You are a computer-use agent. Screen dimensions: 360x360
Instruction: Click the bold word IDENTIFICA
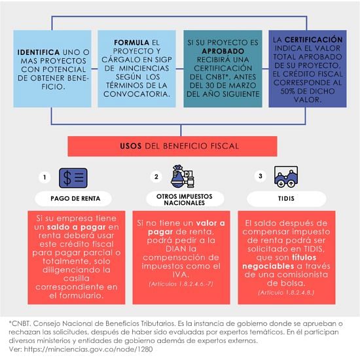pos(39,52)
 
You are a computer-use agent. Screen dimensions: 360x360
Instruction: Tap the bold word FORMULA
pos(132,43)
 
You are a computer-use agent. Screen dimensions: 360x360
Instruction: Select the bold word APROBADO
pos(223,51)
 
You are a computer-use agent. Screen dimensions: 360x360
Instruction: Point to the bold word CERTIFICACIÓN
pos(314,39)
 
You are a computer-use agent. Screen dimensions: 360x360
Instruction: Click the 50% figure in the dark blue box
pos(288,91)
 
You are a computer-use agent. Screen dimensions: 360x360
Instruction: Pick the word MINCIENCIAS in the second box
pos(144,68)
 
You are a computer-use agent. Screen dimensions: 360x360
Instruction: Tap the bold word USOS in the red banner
pos(131,146)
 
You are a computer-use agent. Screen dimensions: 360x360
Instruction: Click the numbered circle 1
pos(45,177)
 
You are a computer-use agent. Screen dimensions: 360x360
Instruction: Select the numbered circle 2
pos(156,177)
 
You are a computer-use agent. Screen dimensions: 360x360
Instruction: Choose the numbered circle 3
pos(261,176)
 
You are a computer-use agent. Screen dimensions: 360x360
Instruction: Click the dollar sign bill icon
pos(73,178)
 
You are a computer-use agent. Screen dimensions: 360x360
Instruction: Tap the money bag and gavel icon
pos(183,177)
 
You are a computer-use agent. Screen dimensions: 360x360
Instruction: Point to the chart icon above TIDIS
pos(286,177)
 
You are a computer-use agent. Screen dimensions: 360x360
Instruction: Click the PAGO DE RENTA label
pos(75,198)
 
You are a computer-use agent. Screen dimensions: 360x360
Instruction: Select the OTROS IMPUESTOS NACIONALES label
pos(185,200)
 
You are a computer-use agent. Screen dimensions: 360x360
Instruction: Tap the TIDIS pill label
pos(286,198)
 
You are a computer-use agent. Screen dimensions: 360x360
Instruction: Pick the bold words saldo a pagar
pos(76,227)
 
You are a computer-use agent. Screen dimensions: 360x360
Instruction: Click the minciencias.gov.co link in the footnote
pos(88,350)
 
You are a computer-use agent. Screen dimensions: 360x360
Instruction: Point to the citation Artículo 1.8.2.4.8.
pos(286,293)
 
